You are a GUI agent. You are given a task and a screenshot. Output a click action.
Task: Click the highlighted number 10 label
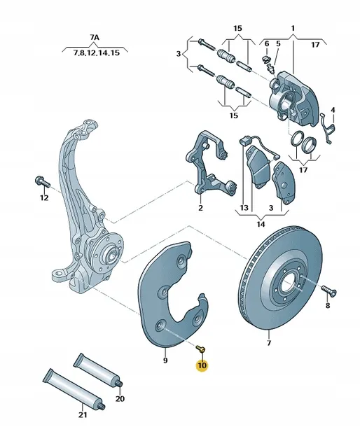(202, 365)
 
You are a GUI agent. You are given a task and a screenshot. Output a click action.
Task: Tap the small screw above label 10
(200, 346)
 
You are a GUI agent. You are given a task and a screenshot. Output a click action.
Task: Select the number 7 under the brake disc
(268, 344)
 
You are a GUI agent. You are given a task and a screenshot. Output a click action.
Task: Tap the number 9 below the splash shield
(165, 360)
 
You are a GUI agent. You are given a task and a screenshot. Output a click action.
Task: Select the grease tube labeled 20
(98, 369)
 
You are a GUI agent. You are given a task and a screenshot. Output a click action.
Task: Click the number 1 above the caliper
(293, 29)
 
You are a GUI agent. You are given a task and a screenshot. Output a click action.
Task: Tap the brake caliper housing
(295, 94)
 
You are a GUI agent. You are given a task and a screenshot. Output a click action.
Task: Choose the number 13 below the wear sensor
(244, 209)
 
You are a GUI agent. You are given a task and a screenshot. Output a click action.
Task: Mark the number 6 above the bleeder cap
(267, 43)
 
